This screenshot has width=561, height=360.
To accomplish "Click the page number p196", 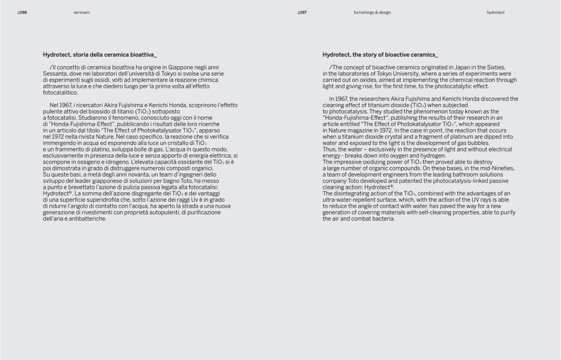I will point(22,12).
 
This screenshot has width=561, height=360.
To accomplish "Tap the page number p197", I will point(303,12).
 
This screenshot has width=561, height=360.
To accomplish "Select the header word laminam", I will point(81,12).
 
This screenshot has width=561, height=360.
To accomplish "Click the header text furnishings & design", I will point(372,12).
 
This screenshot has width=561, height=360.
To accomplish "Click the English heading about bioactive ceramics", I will point(380,55).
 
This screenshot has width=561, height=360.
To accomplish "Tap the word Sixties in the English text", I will point(495,67).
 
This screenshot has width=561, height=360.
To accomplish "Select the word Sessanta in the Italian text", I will point(55,74).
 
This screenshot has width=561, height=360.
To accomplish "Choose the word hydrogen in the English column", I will point(419,155).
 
